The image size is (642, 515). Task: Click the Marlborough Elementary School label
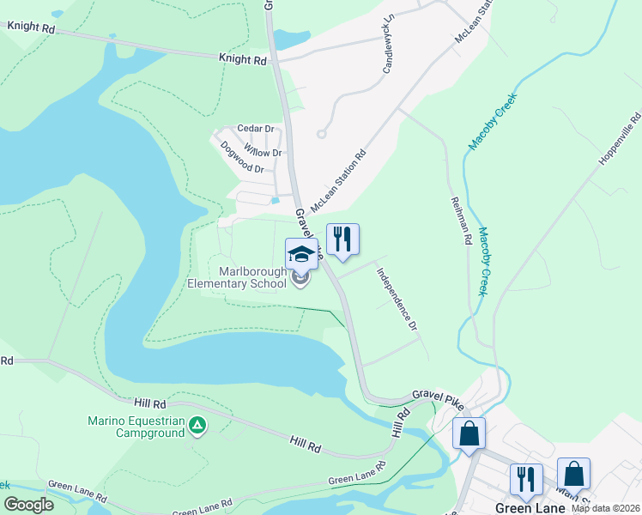click(237, 278)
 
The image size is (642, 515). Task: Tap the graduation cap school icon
click(301, 254)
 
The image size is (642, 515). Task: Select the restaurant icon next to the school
click(342, 239)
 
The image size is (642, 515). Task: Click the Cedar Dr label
click(255, 129)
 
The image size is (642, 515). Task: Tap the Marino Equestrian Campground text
click(136, 427)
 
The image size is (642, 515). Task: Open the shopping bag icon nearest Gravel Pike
click(469, 433)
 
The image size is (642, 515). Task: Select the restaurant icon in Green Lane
click(525, 478)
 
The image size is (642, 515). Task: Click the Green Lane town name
click(530, 508)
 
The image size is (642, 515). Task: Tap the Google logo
click(28, 505)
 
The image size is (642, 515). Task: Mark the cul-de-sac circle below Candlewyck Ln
click(322, 133)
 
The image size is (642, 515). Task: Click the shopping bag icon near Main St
click(573, 473)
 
